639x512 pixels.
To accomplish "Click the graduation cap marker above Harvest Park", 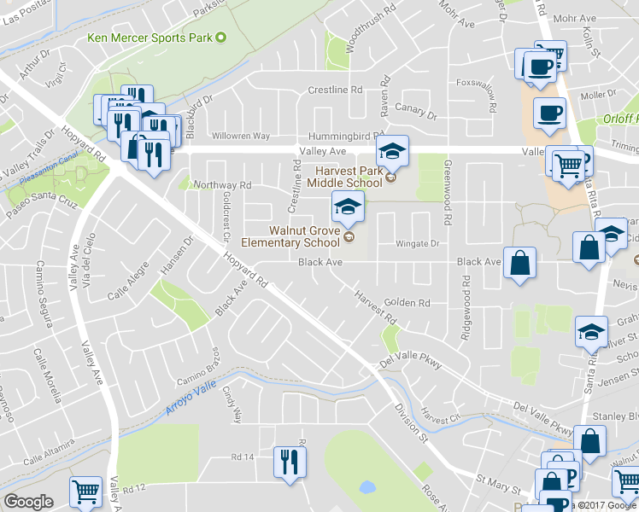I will (x=392, y=152).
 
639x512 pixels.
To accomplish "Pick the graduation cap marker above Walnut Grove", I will (x=348, y=207).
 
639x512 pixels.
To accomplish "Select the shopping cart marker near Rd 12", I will (x=85, y=492).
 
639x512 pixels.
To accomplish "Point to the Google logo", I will (x=28, y=502).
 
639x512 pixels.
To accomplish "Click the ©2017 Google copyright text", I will (x=608, y=503).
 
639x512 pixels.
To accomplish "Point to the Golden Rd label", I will (x=407, y=303).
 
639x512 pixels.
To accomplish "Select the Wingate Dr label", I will (x=416, y=244).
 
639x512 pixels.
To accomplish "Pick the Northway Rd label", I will (x=223, y=185).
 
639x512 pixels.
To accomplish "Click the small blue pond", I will (x=367, y=487).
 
